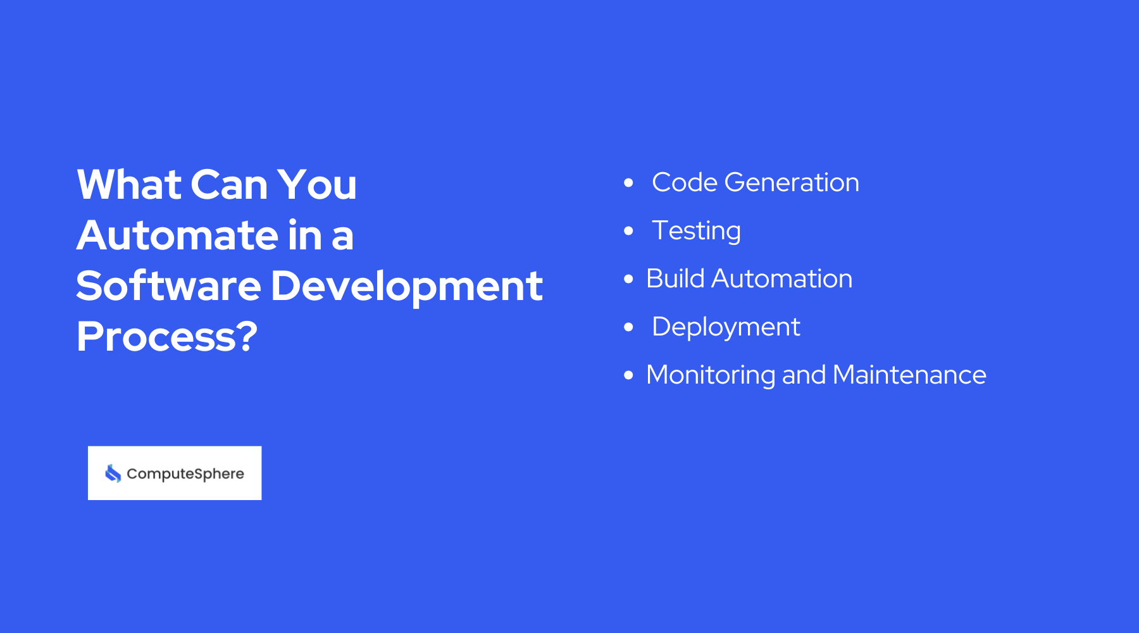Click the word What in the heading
click(x=129, y=185)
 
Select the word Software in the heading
click(x=168, y=286)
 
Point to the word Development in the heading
click(x=406, y=286)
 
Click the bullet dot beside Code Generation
click(x=628, y=183)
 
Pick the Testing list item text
click(x=696, y=231)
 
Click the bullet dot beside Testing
click(x=628, y=231)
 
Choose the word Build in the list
click(x=675, y=279)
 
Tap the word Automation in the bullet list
click(x=781, y=279)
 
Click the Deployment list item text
click(x=726, y=327)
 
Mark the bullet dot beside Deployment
click(x=628, y=327)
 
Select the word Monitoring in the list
click(x=711, y=375)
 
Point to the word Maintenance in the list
click(x=909, y=375)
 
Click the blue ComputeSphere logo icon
click(x=113, y=473)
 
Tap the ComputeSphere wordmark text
click(x=185, y=474)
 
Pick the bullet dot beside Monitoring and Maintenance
click(x=628, y=375)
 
